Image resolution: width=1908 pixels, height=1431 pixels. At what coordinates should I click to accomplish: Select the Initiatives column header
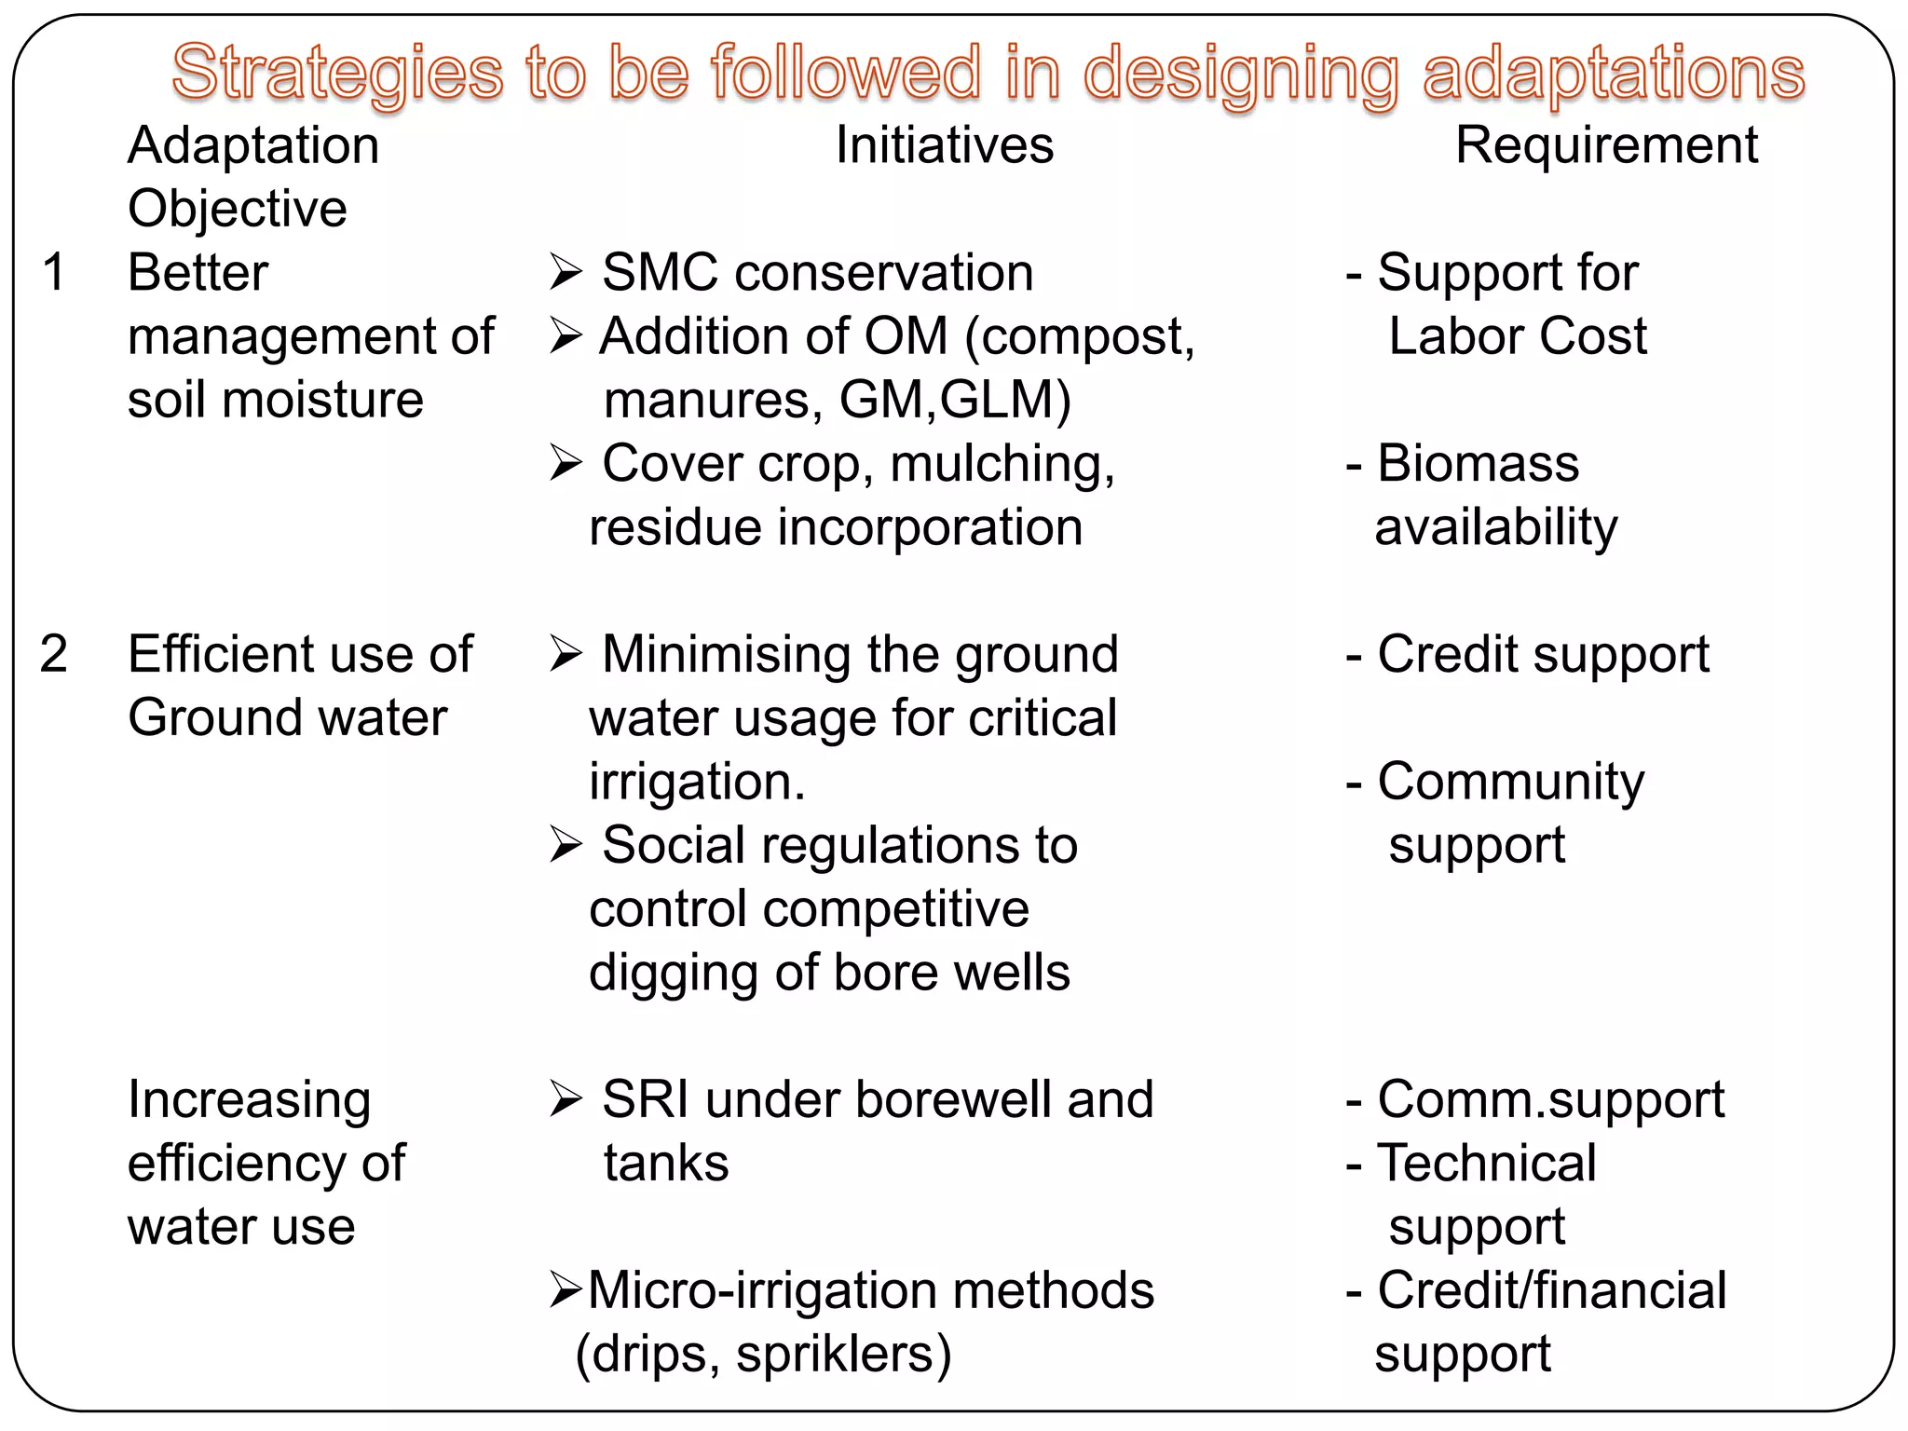[x=944, y=145]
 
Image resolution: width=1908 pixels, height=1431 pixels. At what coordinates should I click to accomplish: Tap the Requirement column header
[x=1606, y=145]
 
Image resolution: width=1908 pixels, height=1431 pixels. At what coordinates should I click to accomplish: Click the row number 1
[x=54, y=273]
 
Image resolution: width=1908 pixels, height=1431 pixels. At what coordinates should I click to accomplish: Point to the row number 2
[x=54, y=654]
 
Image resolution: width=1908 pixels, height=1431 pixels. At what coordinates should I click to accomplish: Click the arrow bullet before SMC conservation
[x=566, y=273]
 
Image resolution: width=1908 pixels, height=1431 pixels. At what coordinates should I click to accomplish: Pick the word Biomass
[x=1478, y=464]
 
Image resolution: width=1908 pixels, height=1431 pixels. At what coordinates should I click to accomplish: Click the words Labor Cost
[x=1517, y=336]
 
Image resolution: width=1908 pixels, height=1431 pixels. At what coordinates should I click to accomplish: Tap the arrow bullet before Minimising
[x=566, y=654]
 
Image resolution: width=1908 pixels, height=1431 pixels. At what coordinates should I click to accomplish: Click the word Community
[x=1510, y=782]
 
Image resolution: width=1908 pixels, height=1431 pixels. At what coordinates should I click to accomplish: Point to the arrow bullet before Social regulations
[x=566, y=845]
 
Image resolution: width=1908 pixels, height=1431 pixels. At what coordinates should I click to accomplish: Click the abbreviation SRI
[x=645, y=1099]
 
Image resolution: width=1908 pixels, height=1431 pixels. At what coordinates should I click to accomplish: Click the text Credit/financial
[x=1551, y=1290]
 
